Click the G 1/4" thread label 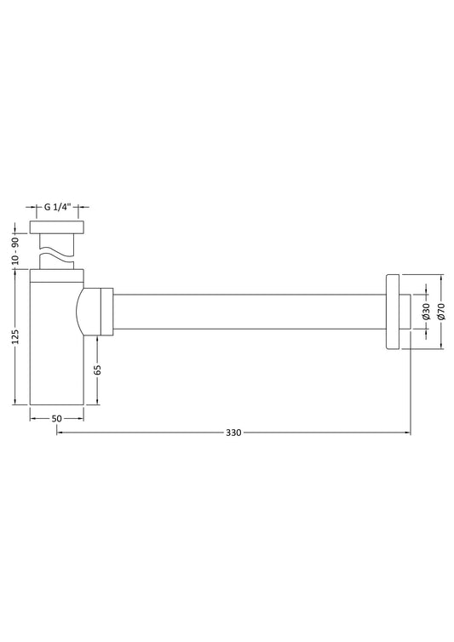point(57,207)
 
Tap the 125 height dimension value point(15,336)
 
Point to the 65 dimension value point(97,370)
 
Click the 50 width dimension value point(56,418)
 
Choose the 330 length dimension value point(233,433)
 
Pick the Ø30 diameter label point(426,311)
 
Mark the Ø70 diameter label point(441,311)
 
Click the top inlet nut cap point(57,227)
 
